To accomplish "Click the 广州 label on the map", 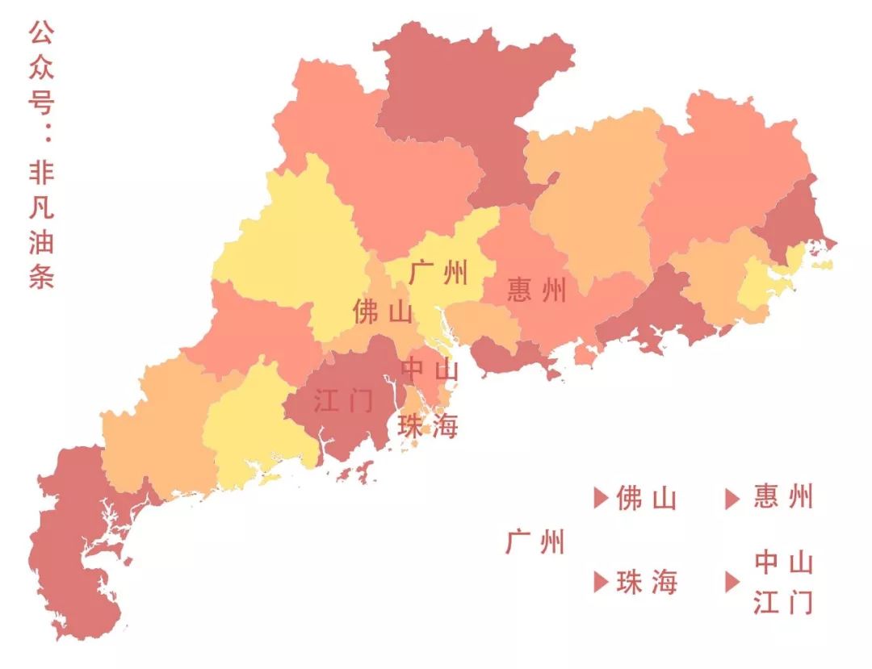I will coord(438,272).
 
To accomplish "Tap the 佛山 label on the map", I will coord(383,312).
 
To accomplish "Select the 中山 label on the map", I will coord(430,370).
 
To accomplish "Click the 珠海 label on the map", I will coord(428,427).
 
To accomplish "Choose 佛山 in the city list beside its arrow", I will coord(646,499).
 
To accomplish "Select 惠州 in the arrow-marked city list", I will coord(783,497).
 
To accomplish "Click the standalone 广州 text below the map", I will coord(535,542).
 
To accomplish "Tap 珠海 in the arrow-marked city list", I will coord(647,582).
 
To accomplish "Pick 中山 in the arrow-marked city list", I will coord(783,562).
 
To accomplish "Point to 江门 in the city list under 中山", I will coord(783,602).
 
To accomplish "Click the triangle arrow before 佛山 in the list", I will coord(600,499).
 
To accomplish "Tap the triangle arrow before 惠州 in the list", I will coord(732,499).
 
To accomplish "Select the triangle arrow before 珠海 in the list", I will coord(600,582).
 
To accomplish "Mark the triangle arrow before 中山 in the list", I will coord(732,582).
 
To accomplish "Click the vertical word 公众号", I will coord(41,69).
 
